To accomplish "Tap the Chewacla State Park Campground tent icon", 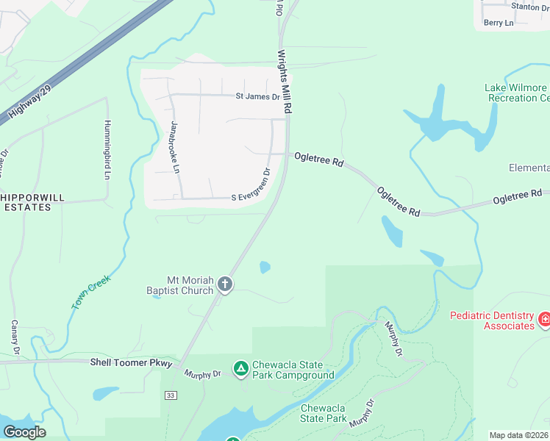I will pos(240,367).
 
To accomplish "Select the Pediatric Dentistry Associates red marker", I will pos(544,319).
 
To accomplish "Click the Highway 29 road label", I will pos(26,99).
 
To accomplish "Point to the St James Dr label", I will pos(257,96).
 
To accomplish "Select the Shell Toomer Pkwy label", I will pos(131,362).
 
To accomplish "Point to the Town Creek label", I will pos(90,292).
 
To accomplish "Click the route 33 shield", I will pos(171,395).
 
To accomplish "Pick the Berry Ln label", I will pos(499,23).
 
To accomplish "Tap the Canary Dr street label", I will pos(13,335).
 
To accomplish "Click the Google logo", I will pos(24,432).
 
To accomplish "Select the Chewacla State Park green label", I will pos(323,413).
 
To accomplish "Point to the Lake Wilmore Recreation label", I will pos(517,93).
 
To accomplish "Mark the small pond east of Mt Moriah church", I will pos(265,268).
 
